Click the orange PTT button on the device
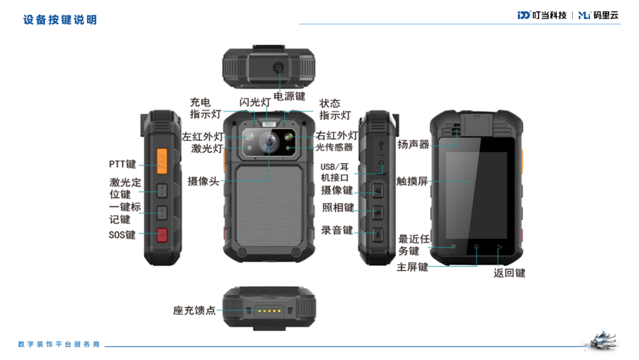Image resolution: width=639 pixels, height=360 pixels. click(162, 162)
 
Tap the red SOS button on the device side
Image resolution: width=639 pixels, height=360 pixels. click(162, 235)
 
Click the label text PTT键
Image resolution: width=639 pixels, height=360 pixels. click(122, 164)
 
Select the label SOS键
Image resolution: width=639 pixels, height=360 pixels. click(122, 235)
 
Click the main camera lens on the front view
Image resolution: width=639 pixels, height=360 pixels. click(269, 143)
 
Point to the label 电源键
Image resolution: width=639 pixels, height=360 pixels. click(289, 97)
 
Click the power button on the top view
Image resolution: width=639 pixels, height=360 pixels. click(279, 67)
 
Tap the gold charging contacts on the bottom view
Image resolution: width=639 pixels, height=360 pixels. click(269, 311)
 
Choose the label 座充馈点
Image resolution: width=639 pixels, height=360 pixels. click(195, 311)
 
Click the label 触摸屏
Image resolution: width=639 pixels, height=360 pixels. click(412, 181)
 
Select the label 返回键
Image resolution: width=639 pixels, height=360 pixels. click(509, 273)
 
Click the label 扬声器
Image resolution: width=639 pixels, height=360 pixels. click(413, 144)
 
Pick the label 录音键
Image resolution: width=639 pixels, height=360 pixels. click(337, 230)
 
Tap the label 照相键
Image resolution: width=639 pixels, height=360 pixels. click(338, 207)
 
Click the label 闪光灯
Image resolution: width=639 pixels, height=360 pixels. click(254, 102)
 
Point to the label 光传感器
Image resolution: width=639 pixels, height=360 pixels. click(334, 147)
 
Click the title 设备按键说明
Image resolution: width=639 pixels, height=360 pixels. click(60, 20)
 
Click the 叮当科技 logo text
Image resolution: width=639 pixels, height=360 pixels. click(549, 15)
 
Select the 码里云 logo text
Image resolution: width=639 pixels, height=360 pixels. click(606, 15)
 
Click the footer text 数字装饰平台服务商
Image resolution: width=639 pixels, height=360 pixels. click(59, 345)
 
